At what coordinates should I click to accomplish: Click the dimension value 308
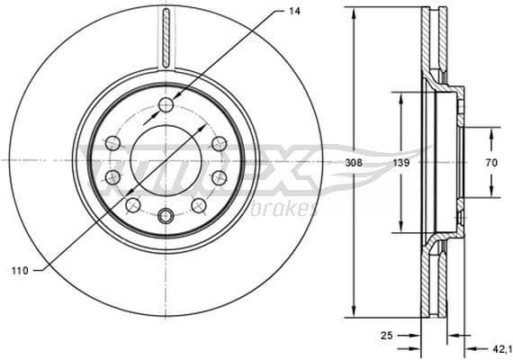click(354, 163)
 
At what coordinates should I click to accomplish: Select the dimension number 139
click(401, 163)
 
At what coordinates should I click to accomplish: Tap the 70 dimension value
click(491, 163)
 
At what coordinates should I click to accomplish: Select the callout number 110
click(18, 270)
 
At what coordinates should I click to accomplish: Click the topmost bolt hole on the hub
click(165, 106)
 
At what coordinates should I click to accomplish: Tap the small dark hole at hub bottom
click(165, 216)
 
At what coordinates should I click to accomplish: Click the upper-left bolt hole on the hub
click(112, 143)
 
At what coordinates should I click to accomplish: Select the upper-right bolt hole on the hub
click(218, 143)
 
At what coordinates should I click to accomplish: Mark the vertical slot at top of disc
click(165, 36)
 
